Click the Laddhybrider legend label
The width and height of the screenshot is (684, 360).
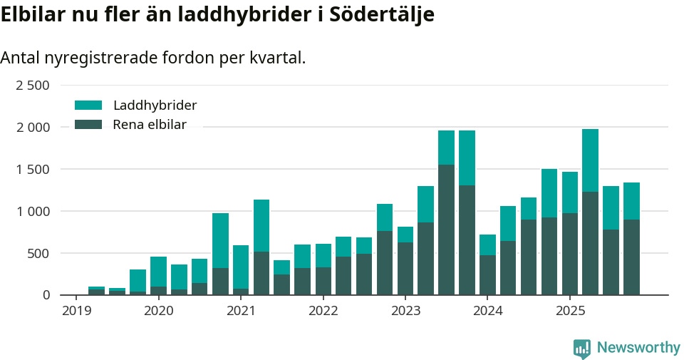click(155, 106)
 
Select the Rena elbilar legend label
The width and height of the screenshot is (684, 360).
click(150, 125)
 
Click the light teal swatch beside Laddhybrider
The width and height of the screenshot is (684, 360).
click(88, 106)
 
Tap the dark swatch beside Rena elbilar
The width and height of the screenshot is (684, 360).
click(88, 125)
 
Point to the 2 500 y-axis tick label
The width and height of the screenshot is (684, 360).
click(32, 86)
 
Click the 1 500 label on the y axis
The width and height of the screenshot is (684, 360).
click(32, 170)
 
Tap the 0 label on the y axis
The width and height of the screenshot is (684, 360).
click(46, 294)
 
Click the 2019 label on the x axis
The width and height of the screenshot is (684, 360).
click(76, 311)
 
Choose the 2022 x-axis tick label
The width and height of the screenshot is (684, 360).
click(323, 311)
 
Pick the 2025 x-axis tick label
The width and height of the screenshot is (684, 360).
click(570, 311)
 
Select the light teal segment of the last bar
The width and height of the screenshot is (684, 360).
click(631, 201)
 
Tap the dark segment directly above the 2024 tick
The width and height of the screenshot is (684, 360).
click(487, 275)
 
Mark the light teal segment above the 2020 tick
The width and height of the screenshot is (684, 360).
click(158, 272)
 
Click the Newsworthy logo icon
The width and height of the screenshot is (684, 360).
click(581, 348)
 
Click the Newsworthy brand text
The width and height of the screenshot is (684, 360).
click(638, 348)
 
